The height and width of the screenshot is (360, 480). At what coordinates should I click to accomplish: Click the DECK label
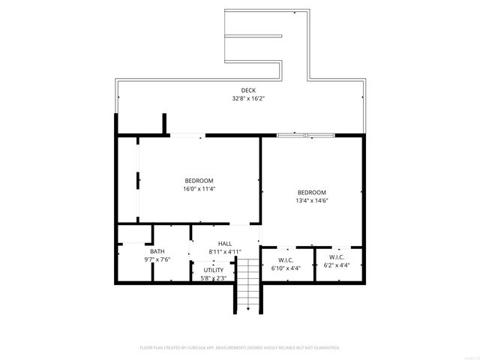247,91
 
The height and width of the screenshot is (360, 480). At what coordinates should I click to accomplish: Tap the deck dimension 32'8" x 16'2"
247,98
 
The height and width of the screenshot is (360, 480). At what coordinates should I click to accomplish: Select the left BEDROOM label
199,181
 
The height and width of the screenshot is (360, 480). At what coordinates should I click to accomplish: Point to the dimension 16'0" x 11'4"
199,189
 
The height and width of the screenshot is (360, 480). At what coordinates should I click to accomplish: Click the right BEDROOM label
311,192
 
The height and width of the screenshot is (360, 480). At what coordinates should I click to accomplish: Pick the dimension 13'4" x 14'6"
311,200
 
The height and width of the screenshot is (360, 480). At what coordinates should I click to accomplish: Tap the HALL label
225,244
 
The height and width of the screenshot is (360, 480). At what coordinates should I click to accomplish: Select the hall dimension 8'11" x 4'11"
225,252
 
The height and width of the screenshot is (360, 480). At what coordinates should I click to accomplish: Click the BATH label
157,251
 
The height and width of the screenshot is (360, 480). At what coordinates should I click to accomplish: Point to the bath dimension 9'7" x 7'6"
157,259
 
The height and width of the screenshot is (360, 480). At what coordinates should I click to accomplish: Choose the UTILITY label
214,270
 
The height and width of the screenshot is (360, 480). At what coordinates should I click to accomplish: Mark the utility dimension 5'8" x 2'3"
214,277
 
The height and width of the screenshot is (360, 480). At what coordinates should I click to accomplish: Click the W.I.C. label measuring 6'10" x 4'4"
285,259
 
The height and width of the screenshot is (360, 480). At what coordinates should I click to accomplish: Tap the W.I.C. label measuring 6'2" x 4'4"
336,256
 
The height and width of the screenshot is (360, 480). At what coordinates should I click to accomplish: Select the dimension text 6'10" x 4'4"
285,267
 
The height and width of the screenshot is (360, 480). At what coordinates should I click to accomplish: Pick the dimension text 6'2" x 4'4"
336,265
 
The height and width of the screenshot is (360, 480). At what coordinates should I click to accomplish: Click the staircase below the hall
248,281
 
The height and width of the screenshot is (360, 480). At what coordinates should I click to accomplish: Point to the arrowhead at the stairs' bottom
248,308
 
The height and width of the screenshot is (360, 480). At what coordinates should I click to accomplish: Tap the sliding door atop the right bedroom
305,135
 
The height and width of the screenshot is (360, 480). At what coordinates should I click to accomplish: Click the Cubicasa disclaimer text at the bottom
240,348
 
